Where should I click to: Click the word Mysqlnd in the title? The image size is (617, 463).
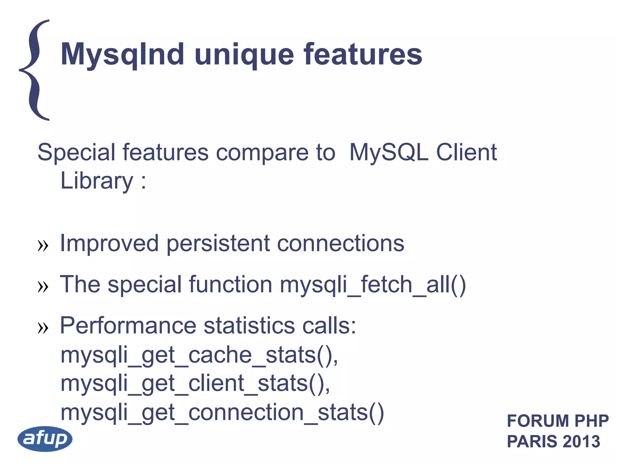[122, 55]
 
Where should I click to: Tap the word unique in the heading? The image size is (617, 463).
[244, 55]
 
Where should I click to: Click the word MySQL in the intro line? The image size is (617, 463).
[389, 153]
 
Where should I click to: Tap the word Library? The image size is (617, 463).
[97, 181]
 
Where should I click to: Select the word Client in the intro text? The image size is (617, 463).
[466, 153]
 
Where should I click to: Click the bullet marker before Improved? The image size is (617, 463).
[43, 246]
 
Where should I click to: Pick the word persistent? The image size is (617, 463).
[218, 244]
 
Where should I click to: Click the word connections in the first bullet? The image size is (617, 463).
[340, 244]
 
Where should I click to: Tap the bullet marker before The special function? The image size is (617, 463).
[43, 287]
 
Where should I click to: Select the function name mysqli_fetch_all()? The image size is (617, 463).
[373, 285]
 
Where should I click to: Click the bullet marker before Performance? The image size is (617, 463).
[43, 328]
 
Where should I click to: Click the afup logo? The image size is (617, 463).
[45, 439]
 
